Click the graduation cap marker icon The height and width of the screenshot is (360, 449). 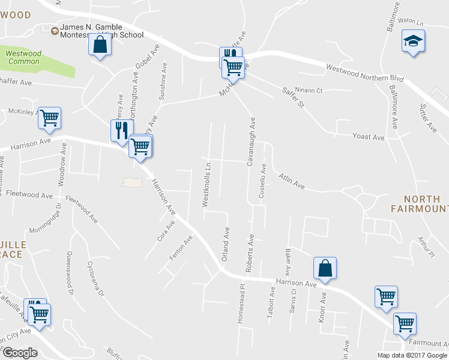413,41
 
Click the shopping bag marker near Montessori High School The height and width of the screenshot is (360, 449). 100,44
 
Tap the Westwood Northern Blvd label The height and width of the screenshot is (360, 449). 364,73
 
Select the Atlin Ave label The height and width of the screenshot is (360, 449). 292,181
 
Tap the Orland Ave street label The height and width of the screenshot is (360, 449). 226,243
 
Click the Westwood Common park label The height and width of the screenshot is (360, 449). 23,58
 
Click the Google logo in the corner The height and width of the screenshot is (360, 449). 19,352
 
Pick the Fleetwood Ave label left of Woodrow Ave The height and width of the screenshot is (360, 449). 29,194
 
